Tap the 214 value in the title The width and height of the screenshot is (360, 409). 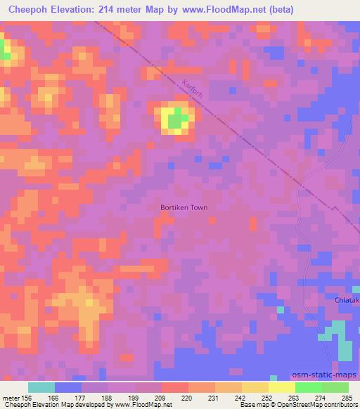pos(112,10)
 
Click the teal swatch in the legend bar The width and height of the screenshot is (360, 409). pos(41,387)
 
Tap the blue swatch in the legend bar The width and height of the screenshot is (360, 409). pos(67,387)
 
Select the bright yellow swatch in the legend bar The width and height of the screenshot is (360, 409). pos(281,387)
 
